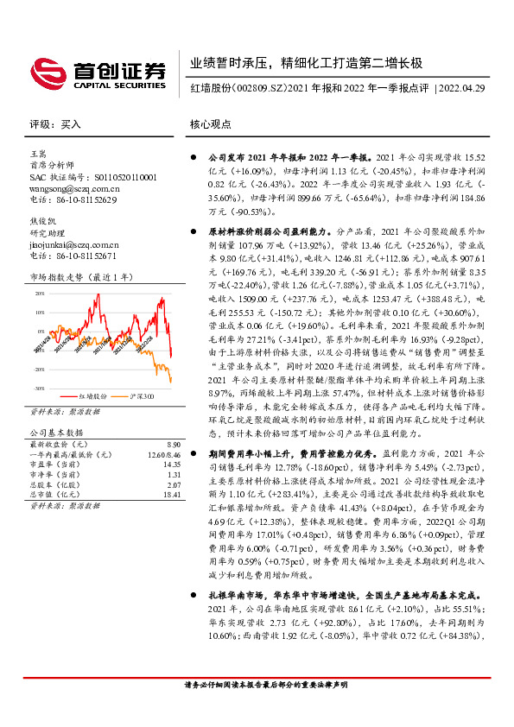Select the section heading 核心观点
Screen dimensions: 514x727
click(x=210, y=124)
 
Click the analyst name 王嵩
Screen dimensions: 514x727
click(x=39, y=153)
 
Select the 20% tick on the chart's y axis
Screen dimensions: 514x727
click(x=39, y=293)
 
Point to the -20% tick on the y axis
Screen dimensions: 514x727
click(x=39, y=369)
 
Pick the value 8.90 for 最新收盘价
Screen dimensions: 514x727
click(x=172, y=441)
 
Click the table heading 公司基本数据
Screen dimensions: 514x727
click(x=57, y=431)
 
